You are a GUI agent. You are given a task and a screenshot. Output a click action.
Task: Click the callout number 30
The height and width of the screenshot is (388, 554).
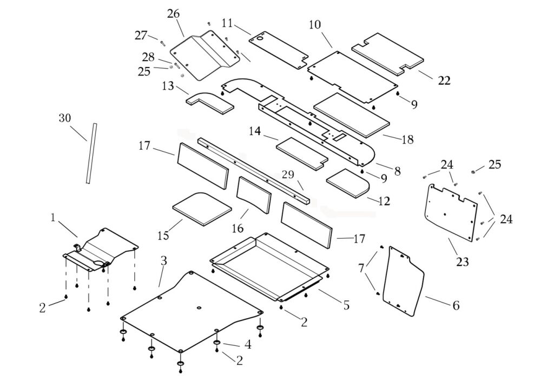65,118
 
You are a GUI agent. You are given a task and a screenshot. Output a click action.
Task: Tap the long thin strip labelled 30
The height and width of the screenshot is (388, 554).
90,153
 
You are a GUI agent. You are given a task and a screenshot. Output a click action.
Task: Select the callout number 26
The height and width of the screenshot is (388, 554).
173,14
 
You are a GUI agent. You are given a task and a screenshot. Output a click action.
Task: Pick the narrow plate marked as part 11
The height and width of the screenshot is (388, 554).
279,49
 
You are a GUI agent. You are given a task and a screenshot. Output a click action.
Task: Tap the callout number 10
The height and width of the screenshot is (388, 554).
315,25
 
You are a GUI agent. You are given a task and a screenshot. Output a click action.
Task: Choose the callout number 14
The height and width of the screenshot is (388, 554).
255,131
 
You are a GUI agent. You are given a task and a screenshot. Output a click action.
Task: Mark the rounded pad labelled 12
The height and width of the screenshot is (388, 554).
348,183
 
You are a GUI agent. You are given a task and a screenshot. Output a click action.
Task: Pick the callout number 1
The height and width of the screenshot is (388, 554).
53,217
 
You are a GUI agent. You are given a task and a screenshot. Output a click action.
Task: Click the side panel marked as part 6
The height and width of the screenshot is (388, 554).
403,281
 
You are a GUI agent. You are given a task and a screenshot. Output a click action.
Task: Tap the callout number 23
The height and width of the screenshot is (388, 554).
461,262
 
